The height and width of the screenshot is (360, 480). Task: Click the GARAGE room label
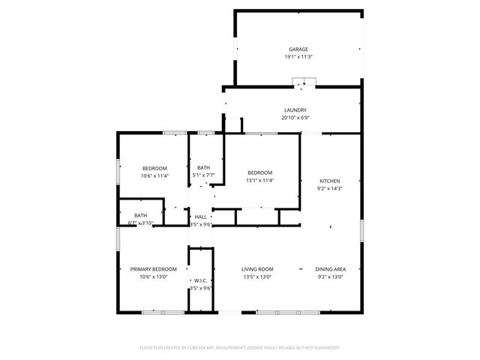(298, 49)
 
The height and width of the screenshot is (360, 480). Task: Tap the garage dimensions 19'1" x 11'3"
(298, 57)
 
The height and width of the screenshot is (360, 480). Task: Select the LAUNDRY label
(295, 110)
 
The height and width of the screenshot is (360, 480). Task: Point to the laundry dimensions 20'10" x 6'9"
(295, 118)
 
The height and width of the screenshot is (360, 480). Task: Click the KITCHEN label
(330, 181)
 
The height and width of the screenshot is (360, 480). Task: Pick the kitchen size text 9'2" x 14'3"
(330, 189)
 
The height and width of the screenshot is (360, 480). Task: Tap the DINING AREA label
(330, 269)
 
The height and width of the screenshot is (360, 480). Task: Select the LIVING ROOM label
(256, 269)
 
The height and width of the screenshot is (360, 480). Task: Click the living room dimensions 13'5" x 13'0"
(256, 277)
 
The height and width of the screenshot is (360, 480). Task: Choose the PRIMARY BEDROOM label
(154, 269)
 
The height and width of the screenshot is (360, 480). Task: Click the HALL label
(200, 217)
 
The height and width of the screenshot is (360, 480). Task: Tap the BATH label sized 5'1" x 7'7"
(203, 168)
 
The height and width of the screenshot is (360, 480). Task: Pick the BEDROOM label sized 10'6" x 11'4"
(154, 168)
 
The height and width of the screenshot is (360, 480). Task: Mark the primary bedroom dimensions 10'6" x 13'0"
(154, 277)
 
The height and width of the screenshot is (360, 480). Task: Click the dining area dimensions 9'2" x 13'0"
(330, 277)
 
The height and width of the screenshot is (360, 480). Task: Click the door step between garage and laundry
(304, 82)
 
